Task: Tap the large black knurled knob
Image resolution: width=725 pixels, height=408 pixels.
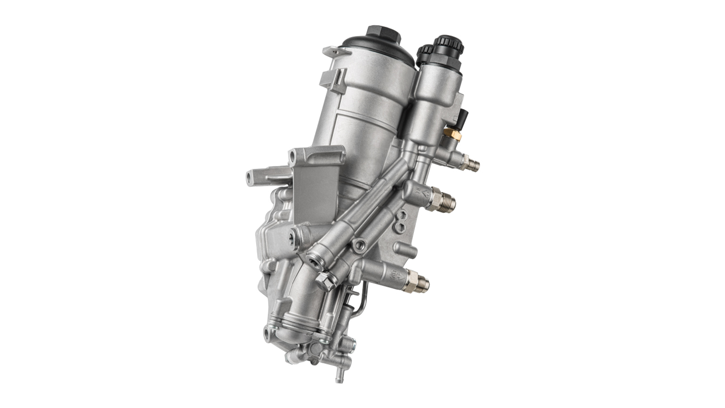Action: point(449,46)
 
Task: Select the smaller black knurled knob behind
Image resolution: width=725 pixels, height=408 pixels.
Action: point(425,53)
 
